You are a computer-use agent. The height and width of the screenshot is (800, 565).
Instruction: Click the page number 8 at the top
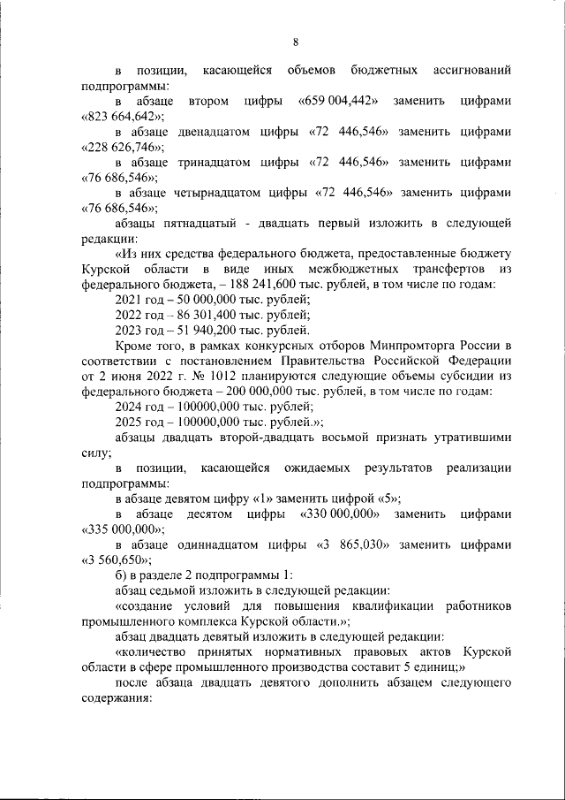(x=295, y=42)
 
